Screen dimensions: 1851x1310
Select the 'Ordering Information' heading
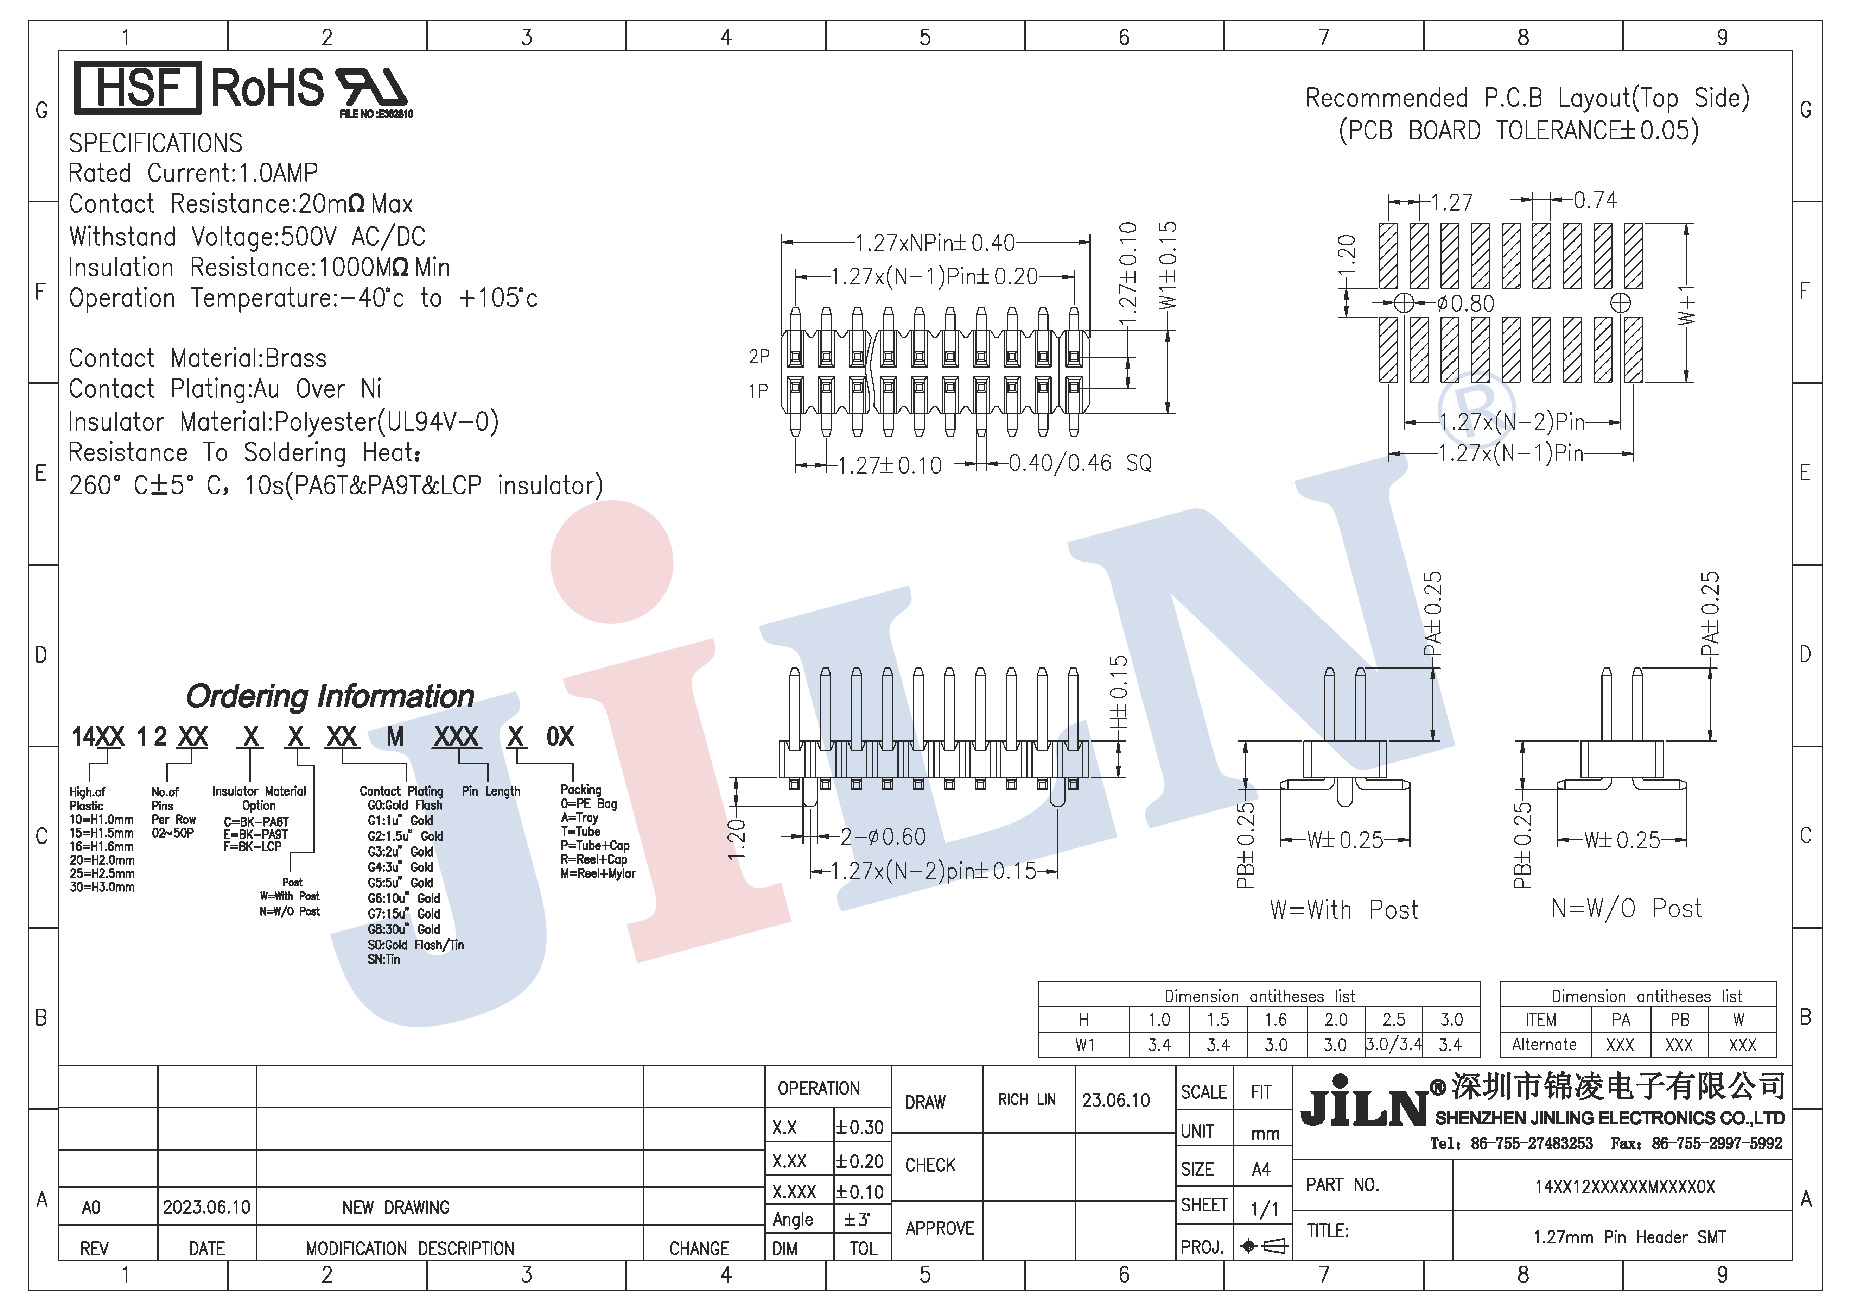[x=330, y=696]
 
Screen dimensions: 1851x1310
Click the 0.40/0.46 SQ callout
[x=1080, y=463]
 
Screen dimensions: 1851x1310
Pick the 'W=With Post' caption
[x=1344, y=910]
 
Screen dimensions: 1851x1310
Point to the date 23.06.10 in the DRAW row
[x=1116, y=1100]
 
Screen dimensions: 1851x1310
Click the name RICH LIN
[x=1027, y=1099]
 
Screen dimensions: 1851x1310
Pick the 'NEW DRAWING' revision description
[x=396, y=1208]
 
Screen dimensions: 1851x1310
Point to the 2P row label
[x=759, y=356]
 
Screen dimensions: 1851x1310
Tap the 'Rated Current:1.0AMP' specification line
[x=193, y=173]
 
